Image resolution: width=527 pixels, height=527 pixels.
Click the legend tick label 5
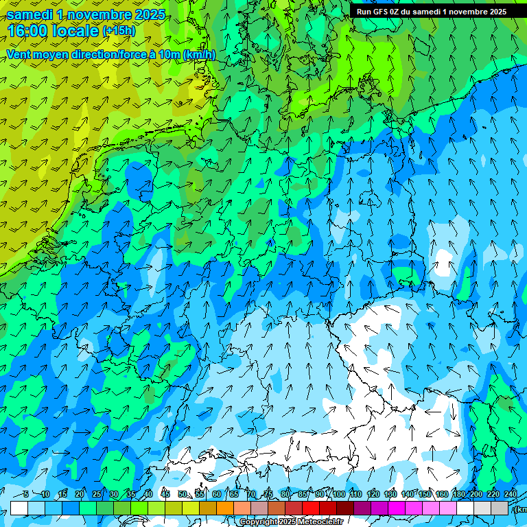[25, 494]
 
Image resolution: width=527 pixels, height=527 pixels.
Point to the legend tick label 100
[339, 494]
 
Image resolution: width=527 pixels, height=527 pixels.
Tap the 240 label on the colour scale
[511, 494]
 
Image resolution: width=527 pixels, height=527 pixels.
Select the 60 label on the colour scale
[217, 494]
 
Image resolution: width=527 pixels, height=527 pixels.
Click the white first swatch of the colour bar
[19, 508]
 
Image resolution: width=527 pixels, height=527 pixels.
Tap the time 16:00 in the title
[29, 31]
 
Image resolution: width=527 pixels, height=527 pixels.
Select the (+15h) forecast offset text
[119, 31]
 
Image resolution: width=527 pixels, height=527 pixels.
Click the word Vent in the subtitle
[19, 55]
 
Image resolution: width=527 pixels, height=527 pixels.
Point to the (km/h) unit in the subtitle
[200, 55]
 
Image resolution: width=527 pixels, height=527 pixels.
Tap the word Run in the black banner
[364, 12]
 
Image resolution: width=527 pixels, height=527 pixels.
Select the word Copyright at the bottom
[259, 522]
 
